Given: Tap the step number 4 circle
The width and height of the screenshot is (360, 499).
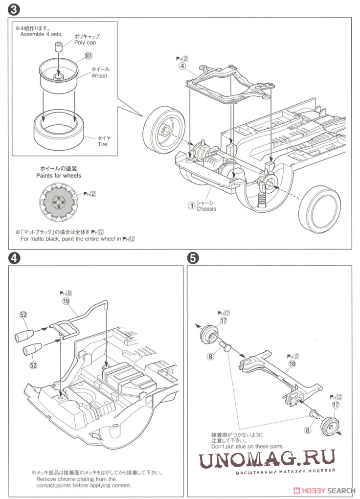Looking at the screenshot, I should point(13,258).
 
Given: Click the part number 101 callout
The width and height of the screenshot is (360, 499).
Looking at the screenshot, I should point(89,56).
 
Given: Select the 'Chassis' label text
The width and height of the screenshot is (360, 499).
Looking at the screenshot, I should point(206,208).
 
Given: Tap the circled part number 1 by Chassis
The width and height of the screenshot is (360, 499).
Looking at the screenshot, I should point(192,205).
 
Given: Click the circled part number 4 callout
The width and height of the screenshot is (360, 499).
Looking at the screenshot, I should point(182,67).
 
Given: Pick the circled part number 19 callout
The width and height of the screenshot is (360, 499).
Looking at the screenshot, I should point(66,302).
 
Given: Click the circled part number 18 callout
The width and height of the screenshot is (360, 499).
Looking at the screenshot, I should point(292,364).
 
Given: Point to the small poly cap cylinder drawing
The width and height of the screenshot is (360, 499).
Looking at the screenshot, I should point(58,47).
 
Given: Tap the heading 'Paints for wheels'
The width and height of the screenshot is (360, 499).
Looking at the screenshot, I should point(59,175).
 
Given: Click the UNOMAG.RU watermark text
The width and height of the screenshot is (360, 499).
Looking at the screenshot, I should point(267,458).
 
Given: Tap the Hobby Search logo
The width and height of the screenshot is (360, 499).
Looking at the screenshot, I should point(324,491).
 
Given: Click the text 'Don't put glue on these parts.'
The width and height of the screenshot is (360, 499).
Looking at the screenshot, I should point(247,446).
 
